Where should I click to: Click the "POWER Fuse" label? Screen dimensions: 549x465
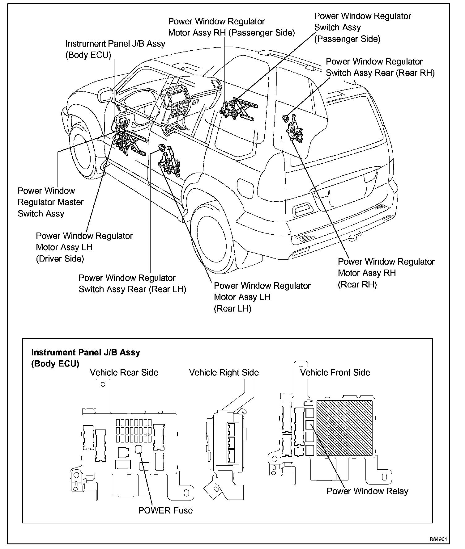[165, 510]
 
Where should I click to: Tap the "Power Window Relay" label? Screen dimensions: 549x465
[367, 491]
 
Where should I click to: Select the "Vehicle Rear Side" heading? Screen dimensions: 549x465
[124, 372]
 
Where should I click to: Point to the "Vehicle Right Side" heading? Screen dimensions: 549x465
[224, 372]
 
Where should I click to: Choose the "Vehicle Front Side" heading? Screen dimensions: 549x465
[335, 372]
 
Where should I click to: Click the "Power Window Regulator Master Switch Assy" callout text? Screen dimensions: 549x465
[50, 202]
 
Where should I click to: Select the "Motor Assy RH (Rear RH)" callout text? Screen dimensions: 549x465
[386, 273]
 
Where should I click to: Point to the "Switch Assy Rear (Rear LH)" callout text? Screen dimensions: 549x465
[132, 283]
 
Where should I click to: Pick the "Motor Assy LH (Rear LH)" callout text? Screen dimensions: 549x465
[262, 297]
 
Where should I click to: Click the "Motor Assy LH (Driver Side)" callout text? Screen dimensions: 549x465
[84, 247]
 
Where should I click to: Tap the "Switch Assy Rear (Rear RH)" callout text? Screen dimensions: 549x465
[380, 67]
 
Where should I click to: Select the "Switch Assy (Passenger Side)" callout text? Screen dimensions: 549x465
[362, 27]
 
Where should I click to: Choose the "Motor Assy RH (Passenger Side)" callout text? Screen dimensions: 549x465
[231, 27]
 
